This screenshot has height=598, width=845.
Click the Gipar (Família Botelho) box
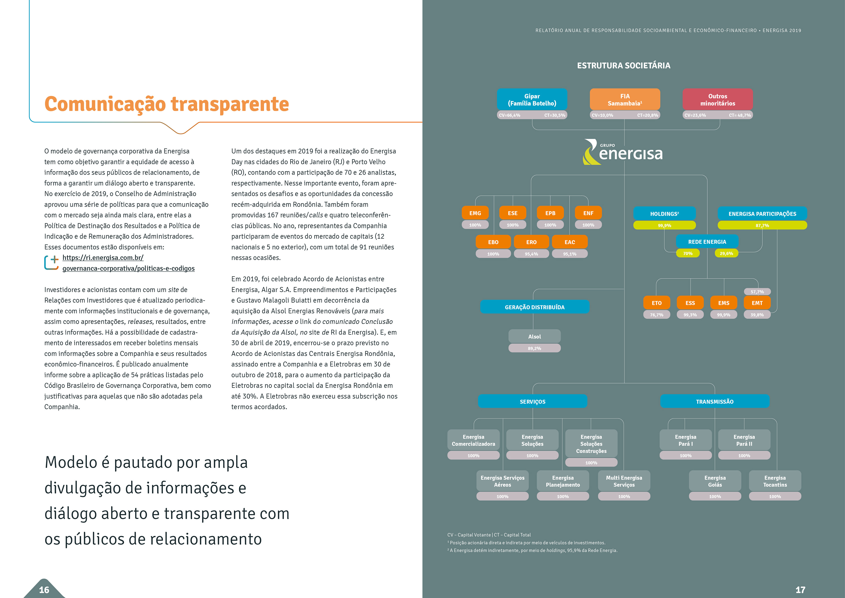pyautogui.click(x=532, y=100)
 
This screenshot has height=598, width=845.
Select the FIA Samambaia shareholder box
pyautogui.click(x=625, y=100)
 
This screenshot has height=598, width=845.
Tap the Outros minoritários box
pyautogui.click(x=717, y=100)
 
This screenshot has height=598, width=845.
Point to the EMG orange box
pyautogui.click(x=475, y=213)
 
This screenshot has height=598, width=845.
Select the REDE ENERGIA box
pyautogui.click(x=707, y=242)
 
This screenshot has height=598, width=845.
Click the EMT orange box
pyautogui.click(x=757, y=303)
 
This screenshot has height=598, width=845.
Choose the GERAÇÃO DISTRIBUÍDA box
pyautogui.click(x=534, y=307)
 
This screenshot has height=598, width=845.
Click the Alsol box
pyautogui.click(x=534, y=336)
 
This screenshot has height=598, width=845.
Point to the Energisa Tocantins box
pyautogui.click(x=775, y=481)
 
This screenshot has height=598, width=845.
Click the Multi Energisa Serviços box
pyautogui.click(x=624, y=481)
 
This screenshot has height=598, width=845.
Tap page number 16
pyautogui.click(x=44, y=590)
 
